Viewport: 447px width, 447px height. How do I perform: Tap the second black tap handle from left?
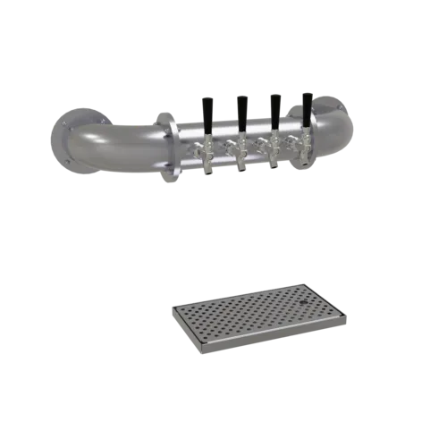[x=242, y=109]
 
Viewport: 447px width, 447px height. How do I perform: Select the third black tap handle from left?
[x=276, y=109]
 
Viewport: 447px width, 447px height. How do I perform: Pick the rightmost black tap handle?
[x=308, y=109]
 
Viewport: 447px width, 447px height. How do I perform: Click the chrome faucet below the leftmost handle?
[x=206, y=154]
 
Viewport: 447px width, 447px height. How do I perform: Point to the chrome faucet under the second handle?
[x=240, y=153]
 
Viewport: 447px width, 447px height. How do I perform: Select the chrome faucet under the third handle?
[x=274, y=152]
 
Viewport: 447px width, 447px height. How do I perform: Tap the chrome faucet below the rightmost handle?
[x=306, y=149]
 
